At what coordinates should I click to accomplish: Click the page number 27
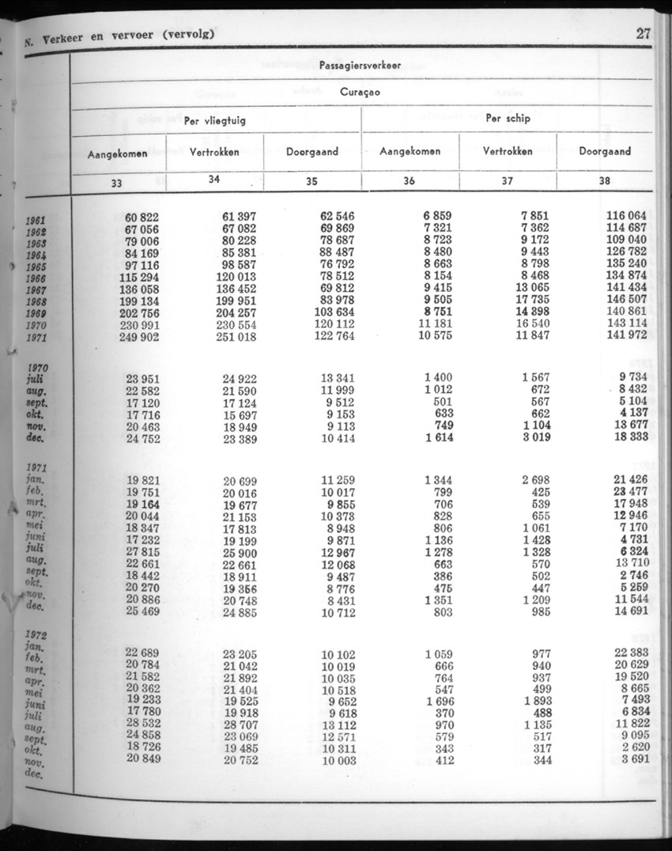click(x=642, y=34)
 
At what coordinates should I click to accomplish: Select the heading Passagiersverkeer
click(x=360, y=66)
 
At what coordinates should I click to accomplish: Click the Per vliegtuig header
click(x=215, y=120)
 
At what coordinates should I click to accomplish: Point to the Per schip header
click(x=508, y=119)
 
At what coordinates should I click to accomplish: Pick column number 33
click(x=117, y=183)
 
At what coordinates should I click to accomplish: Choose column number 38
click(x=605, y=181)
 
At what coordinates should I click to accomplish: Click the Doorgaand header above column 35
click(x=312, y=152)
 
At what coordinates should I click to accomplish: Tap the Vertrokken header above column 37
click(x=508, y=151)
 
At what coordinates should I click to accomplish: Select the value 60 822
click(x=142, y=217)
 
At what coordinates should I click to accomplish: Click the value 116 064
click(x=627, y=216)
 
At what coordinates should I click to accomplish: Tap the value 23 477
click(x=630, y=491)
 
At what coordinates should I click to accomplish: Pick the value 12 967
click(x=338, y=551)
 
